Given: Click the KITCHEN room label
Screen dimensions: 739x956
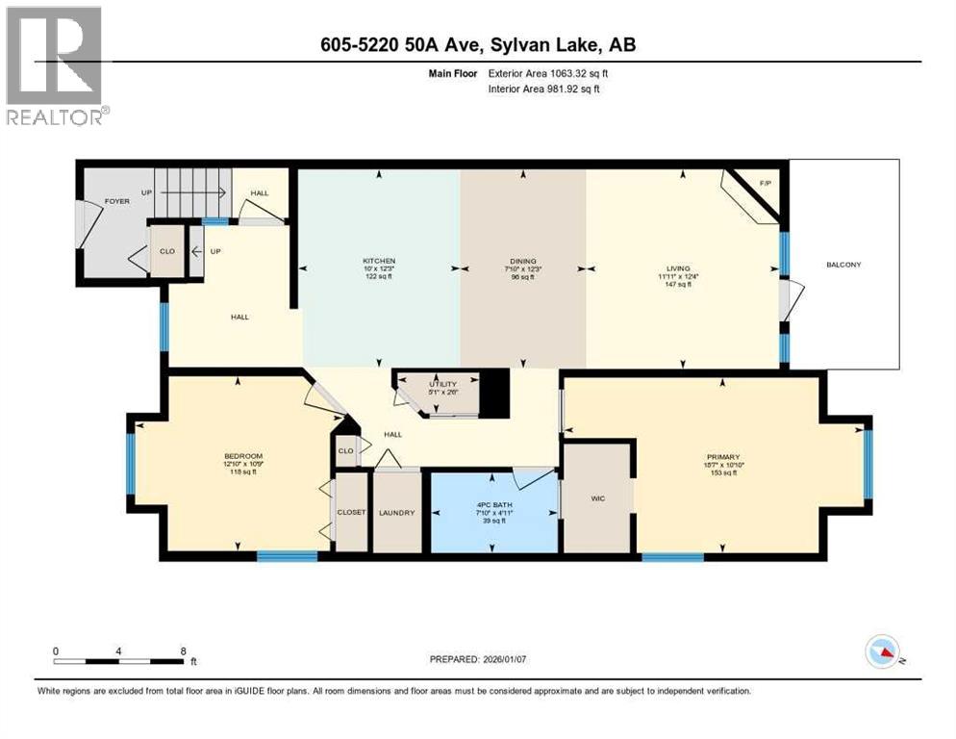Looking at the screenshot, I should point(379,261).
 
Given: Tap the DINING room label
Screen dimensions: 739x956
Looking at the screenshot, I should point(522,261).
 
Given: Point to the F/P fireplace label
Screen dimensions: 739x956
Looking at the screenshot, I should point(766,183).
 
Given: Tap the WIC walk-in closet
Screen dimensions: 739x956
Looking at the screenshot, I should point(596,498).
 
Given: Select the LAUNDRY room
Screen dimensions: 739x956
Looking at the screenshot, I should point(396,512).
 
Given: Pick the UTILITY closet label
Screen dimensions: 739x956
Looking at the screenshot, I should point(443,384).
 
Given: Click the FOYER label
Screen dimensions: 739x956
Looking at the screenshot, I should point(117,202).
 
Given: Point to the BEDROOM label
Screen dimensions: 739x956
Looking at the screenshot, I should point(243,456).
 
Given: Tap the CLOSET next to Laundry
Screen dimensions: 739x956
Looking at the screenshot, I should point(351,512).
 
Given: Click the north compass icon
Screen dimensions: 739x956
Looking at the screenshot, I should point(882,651).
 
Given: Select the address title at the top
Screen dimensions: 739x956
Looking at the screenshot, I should point(478,44).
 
